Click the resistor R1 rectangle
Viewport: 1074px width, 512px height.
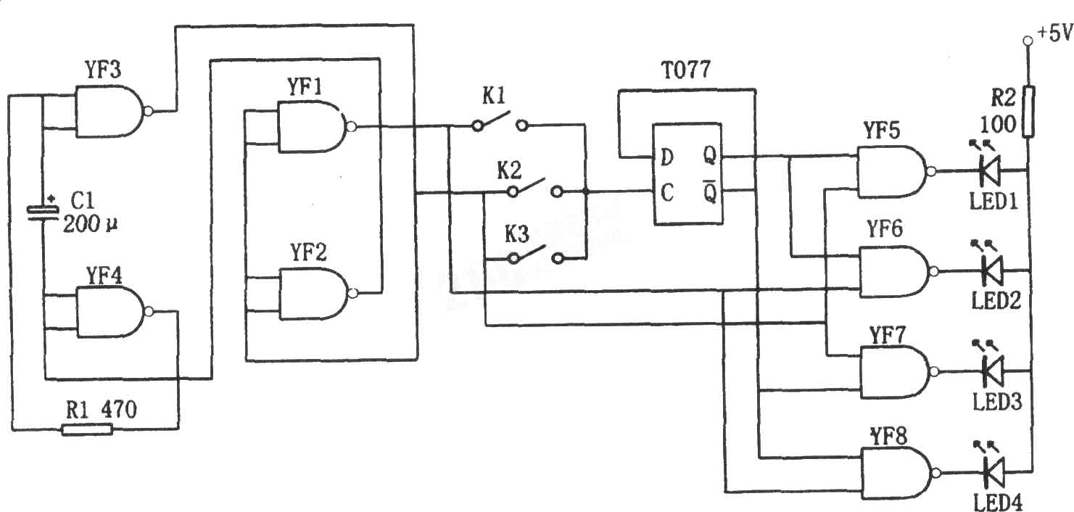(x=87, y=429)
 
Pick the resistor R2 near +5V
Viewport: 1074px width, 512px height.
(x=1028, y=112)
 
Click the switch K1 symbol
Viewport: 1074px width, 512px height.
(x=499, y=123)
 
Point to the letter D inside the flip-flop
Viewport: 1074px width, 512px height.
(x=667, y=157)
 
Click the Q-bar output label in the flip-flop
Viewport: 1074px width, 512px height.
(x=710, y=191)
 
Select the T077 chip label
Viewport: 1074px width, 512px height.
(x=686, y=70)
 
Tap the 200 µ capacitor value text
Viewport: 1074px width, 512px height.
(x=90, y=224)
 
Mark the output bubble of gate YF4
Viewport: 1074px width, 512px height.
(x=149, y=312)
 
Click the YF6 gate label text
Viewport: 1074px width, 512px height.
(x=885, y=228)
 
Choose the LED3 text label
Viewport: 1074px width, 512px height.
(x=997, y=402)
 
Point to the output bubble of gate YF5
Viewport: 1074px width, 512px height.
(x=931, y=171)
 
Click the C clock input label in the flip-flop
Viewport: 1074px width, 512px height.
(x=667, y=193)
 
